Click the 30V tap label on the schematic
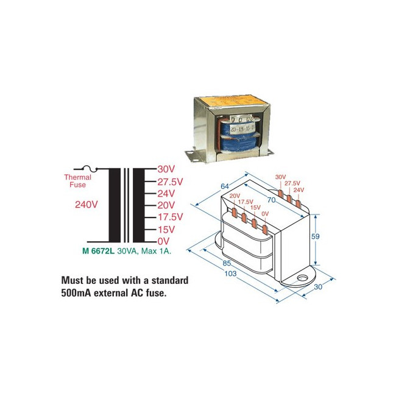point(166,169)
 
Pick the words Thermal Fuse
point(78,181)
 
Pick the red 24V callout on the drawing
point(299,189)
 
